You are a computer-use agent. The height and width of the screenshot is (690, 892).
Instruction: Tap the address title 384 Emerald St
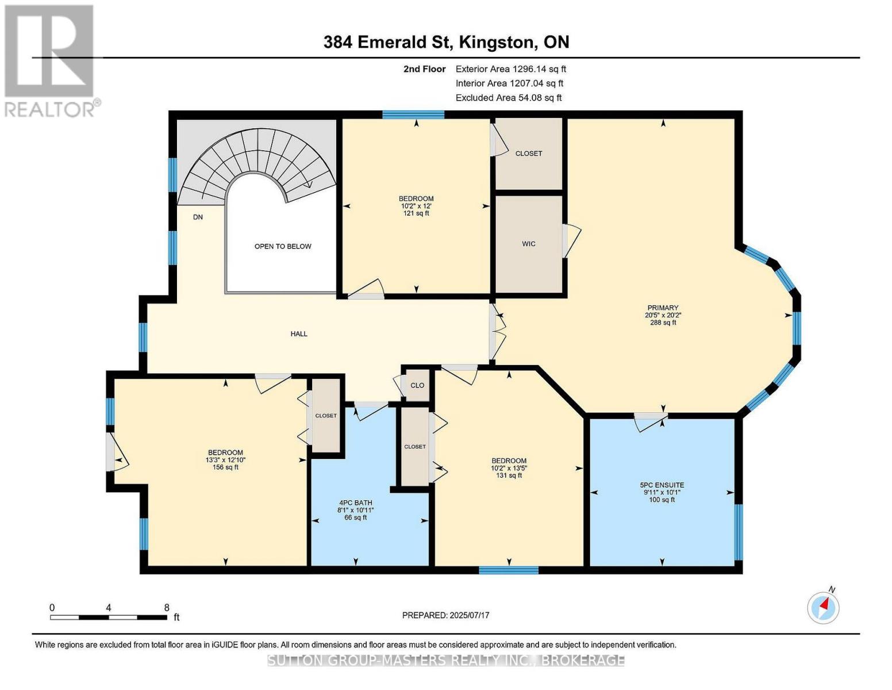(x=389, y=42)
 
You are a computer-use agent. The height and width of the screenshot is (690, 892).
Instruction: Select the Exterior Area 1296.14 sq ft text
(x=510, y=69)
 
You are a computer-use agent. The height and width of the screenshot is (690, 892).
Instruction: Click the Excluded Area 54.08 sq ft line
(x=509, y=98)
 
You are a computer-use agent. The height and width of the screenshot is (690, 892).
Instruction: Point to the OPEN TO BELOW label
(x=283, y=246)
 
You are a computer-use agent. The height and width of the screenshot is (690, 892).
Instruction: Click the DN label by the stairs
(x=198, y=217)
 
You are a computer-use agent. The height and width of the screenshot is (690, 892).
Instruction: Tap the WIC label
(x=528, y=244)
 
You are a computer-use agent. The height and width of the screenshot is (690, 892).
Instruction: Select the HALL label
(x=299, y=333)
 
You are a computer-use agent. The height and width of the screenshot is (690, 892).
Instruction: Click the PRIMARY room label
(x=663, y=308)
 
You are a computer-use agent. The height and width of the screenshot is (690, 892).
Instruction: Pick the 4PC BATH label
(x=356, y=503)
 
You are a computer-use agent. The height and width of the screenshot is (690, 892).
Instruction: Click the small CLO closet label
(x=417, y=385)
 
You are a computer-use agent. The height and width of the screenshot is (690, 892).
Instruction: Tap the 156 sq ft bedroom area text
(x=225, y=467)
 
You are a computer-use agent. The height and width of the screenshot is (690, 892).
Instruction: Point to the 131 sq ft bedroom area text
(x=509, y=476)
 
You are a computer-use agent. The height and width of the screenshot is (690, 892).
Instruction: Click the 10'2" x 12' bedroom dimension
(x=416, y=206)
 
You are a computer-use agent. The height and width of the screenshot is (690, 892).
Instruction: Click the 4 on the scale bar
(x=109, y=608)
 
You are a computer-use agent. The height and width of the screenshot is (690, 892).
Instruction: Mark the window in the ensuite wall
(x=738, y=532)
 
